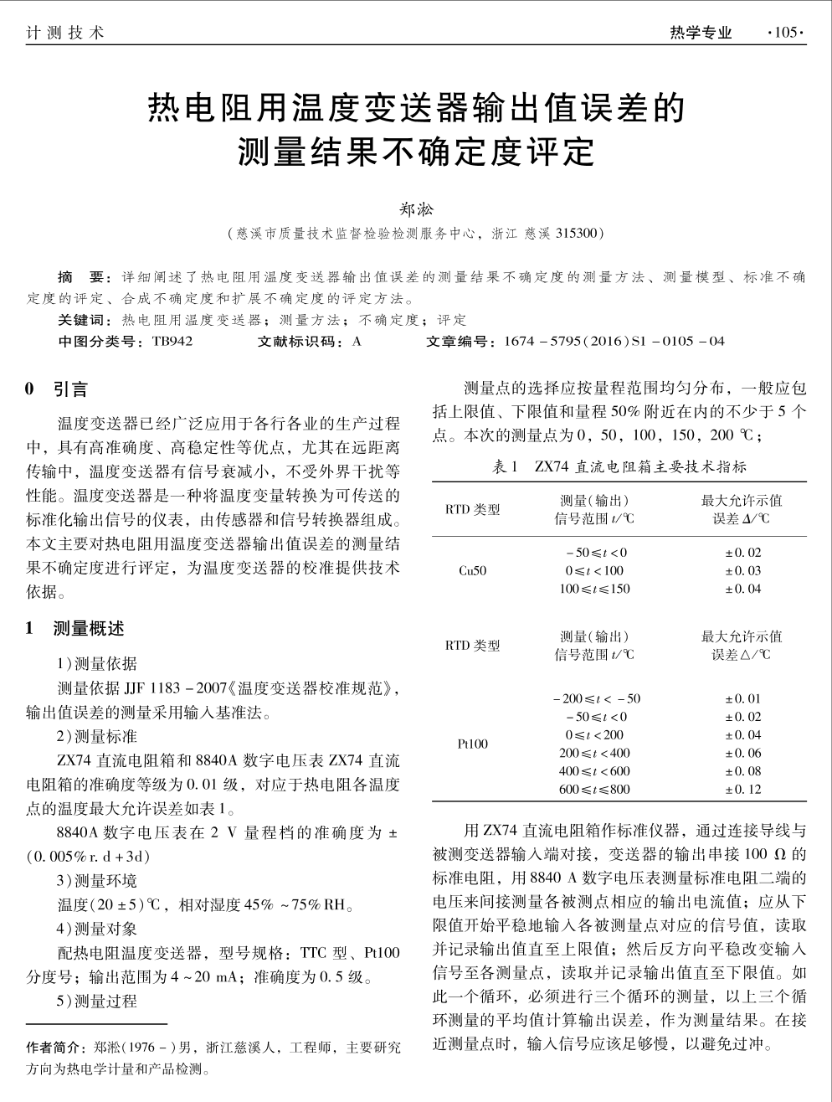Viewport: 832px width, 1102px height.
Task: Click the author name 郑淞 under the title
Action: pyautogui.click(x=415, y=208)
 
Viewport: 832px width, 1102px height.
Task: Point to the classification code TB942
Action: pyautogui.click(x=172, y=341)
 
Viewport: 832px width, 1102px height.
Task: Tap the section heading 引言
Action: pyautogui.click(x=70, y=389)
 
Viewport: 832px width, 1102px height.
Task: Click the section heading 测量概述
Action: pyautogui.click(x=89, y=629)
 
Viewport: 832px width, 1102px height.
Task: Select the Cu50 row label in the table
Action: pyautogui.click(x=473, y=571)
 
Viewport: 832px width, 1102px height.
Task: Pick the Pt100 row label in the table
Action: pyautogui.click(x=473, y=744)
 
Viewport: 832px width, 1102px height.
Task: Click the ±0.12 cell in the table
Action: pyautogui.click(x=742, y=789)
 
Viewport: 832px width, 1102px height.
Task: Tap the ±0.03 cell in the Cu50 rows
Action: pyautogui.click(x=742, y=571)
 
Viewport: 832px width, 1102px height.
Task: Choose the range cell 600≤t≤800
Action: pyautogui.click(x=594, y=789)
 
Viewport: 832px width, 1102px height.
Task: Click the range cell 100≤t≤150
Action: pyautogui.click(x=594, y=589)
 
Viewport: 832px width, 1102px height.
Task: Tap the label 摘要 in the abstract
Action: pyautogui.click(x=81, y=277)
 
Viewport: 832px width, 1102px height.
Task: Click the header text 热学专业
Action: pyautogui.click(x=701, y=33)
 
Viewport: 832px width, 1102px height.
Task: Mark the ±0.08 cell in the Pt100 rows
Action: pyautogui.click(x=742, y=771)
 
